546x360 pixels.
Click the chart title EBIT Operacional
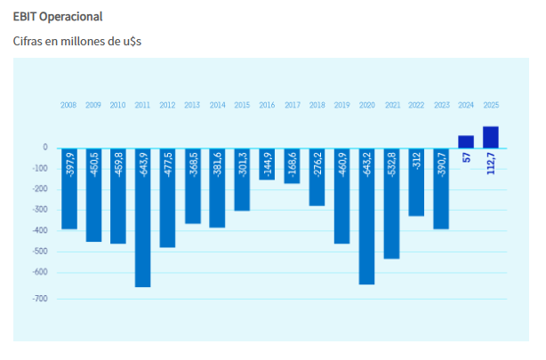(58, 17)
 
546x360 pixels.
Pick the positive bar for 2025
(490, 137)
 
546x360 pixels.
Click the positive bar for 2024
(466, 141)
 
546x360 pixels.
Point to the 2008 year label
(68, 105)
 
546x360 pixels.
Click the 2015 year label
(242, 105)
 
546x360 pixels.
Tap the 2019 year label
(341, 105)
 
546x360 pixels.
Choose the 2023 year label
(441, 105)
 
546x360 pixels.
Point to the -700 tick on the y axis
(39, 299)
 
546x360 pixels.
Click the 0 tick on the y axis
(44, 148)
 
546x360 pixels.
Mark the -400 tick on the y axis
(39, 230)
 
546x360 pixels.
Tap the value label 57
(466, 158)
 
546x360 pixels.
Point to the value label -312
(416, 162)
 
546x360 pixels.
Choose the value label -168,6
(292, 165)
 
